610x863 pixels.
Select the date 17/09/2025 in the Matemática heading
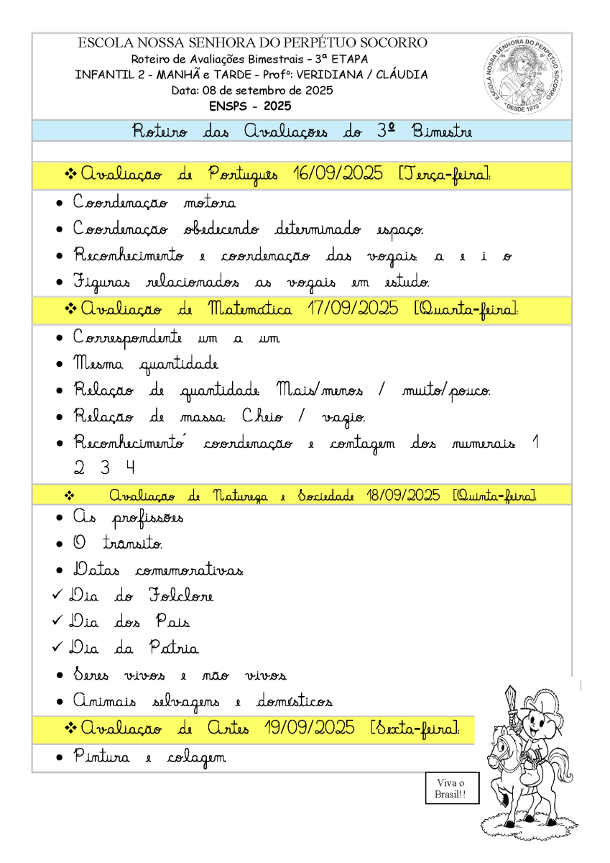pyautogui.click(x=353, y=309)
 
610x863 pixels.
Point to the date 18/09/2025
pyautogui.click(x=402, y=496)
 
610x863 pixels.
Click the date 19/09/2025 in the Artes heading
pyautogui.click(x=309, y=728)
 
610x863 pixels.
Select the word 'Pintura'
pyautogui.click(x=101, y=757)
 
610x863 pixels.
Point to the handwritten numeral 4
pyautogui.click(x=129, y=468)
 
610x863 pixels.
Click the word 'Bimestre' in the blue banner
pyautogui.click(x=442, y=132)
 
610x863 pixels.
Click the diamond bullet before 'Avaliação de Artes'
pyautogui.click(x=70, y=728)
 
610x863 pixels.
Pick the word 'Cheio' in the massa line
pyautogui.click(x=264, y=417)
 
